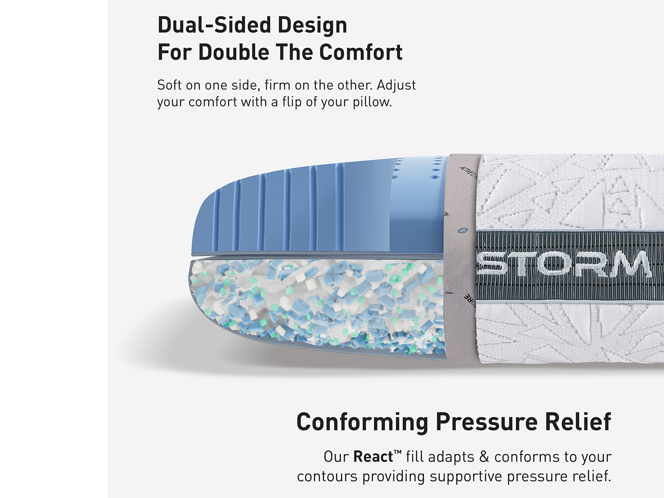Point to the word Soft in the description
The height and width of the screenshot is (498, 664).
tap(169, 85)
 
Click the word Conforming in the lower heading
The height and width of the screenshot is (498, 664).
tap(362, 422)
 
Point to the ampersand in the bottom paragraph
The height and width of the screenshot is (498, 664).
tap(484, 457)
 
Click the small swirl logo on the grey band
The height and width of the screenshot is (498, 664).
tap(461, 230)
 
